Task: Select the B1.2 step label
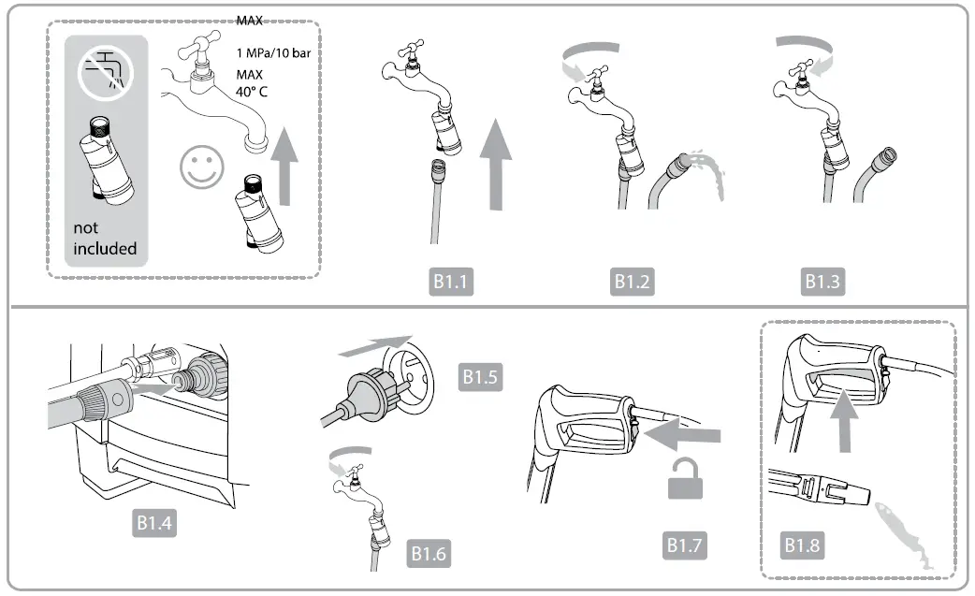[633, 282]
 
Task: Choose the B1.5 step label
[481, 377]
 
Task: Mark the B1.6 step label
[429, 554]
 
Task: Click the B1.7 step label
[686, 544]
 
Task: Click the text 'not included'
[105, 239]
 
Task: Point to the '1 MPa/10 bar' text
[273, 53]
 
